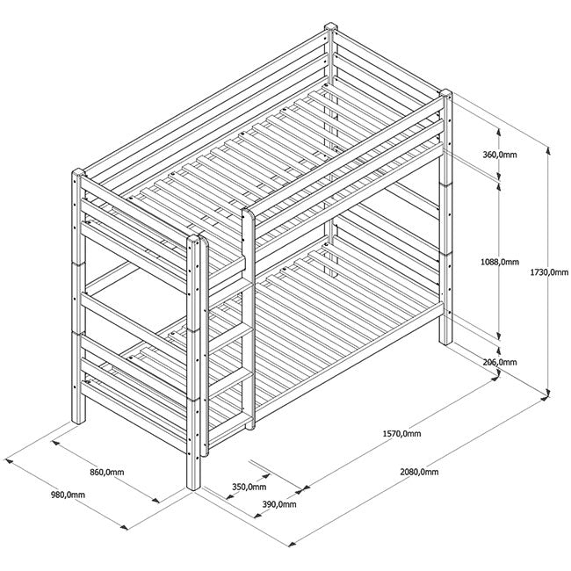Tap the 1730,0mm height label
(551, 272)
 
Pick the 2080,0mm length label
(418, 473)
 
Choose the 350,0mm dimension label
(249, 486)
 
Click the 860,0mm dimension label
(107, 473)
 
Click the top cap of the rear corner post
(331, 29)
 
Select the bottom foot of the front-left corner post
(193, 485)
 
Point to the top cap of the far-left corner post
(76, 172)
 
